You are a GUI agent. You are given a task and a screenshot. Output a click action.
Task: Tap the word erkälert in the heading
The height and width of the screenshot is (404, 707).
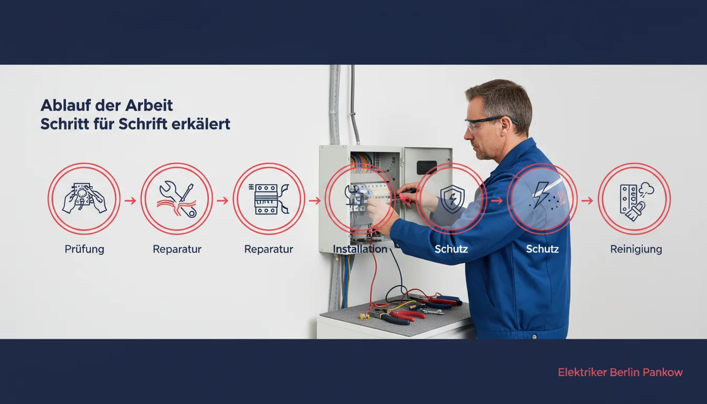tap(201, 124)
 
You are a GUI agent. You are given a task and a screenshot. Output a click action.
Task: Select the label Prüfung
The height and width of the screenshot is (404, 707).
tap(84, 249)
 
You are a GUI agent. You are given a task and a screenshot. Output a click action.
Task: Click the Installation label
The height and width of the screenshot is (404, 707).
tap(360, 249)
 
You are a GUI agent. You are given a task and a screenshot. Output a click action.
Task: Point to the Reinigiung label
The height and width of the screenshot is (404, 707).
tap(636, 249)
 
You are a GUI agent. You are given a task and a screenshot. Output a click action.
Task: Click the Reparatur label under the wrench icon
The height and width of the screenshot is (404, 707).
tap(177, 249)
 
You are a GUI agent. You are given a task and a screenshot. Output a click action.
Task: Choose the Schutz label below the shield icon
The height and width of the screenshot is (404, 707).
tap(451, 249)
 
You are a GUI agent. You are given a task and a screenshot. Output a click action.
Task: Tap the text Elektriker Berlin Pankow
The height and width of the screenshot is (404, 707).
tap(620, 372)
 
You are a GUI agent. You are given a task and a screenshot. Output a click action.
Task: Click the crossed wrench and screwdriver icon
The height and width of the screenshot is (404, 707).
tap(177, 199)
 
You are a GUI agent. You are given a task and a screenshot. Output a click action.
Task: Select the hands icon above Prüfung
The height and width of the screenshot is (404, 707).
tap(84, 198)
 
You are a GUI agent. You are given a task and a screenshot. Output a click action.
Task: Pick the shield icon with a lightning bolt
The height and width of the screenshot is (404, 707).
tap(452, 199)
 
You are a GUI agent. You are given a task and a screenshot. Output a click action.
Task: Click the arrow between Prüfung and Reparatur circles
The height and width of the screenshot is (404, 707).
tap(130, 200)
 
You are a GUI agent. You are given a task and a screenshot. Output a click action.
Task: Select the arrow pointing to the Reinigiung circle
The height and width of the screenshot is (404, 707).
tap(588, 200)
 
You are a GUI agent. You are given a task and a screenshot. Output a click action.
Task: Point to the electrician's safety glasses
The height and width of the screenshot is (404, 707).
tap(489, 124)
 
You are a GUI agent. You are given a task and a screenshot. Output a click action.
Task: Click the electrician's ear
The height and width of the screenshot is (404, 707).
tap(506, 126)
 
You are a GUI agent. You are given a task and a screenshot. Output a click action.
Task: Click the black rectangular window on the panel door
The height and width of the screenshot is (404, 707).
tap(427, 167)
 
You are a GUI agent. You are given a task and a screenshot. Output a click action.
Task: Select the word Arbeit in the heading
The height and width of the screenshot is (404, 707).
tap(149, 105)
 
